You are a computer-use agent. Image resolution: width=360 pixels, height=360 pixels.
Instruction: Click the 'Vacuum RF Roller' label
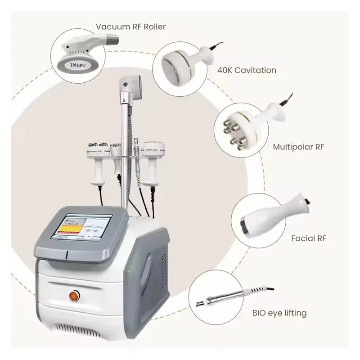(x=131, y=27)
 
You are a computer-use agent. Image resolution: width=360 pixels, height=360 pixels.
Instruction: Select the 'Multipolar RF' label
(x=299, y=146)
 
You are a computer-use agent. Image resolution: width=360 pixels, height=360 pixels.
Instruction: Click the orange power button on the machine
(x=73, y=296)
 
